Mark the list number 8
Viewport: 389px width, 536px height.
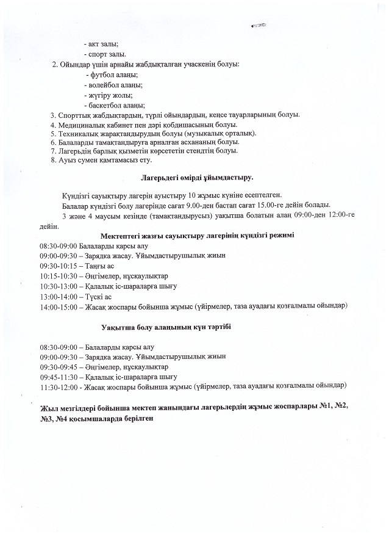point(54,160)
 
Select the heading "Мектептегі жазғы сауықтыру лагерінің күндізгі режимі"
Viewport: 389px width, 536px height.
point(197,236)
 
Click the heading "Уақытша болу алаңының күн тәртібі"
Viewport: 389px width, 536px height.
point(166,327)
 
